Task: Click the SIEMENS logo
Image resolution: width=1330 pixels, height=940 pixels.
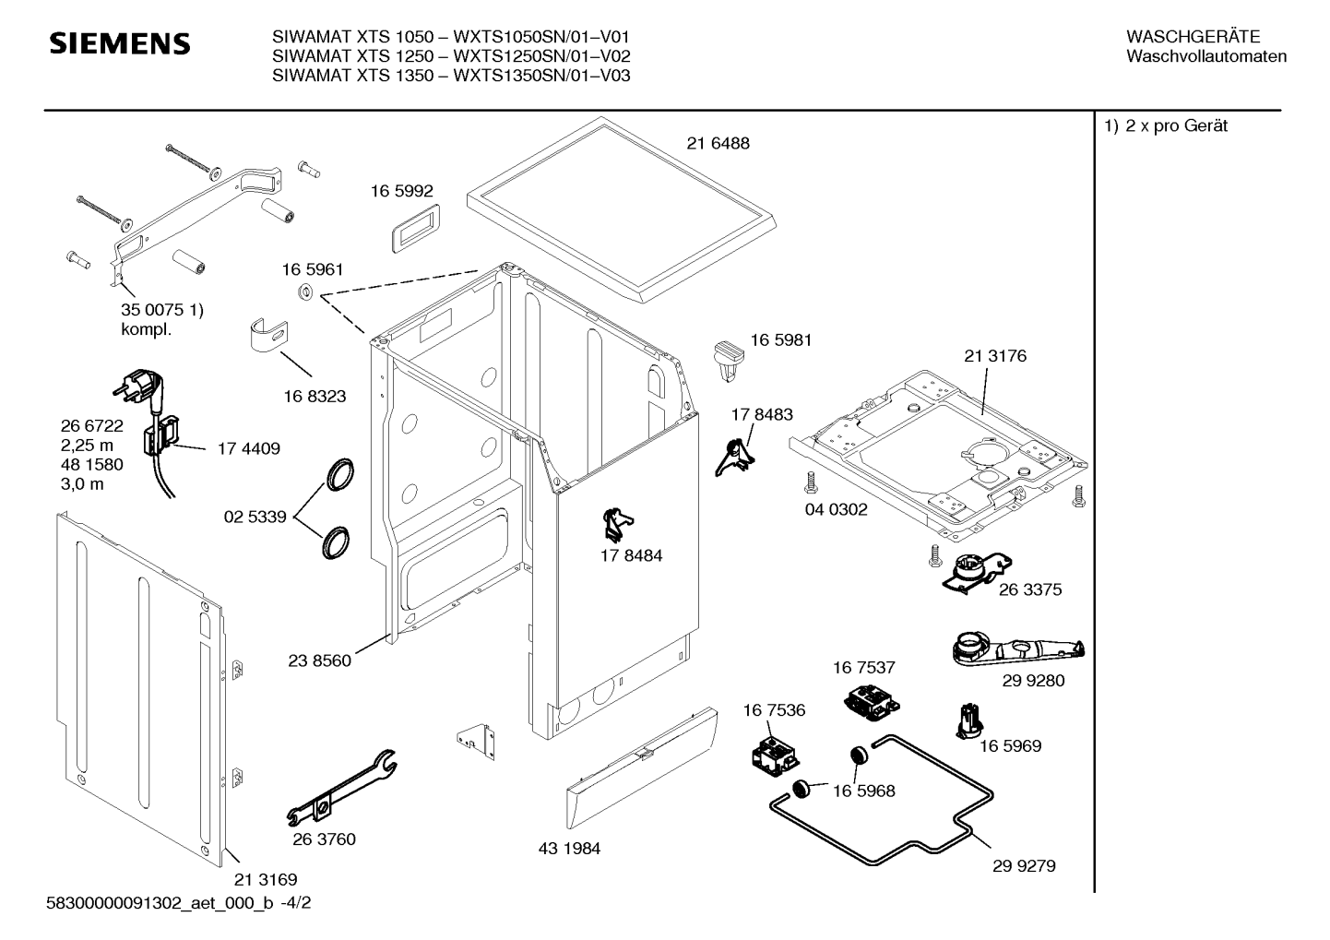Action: click(120, 44)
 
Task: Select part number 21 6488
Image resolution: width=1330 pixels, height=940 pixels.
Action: click(718, 143)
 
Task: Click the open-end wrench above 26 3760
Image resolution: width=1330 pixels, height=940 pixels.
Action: click(342, 788)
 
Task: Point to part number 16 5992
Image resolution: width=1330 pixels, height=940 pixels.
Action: click(402, 191)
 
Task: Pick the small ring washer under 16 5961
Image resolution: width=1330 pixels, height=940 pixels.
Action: click(305, 292)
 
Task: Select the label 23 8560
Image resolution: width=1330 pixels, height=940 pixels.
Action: click(319, 660)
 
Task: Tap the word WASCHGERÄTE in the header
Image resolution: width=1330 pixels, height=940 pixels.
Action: click(1193, 37)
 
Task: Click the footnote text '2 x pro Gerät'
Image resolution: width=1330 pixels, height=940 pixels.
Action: click(1176, 125)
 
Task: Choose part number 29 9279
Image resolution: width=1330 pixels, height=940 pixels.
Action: click(1024, 866)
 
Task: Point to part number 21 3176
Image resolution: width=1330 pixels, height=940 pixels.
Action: click(995, 356)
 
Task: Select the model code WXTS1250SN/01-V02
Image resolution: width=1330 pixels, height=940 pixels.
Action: click(541, 56)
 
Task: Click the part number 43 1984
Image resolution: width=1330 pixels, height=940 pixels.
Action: click(569, 849)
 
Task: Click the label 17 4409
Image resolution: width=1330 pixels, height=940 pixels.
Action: click(249, 448)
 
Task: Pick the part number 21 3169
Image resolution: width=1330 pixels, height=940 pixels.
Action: click(266, 879)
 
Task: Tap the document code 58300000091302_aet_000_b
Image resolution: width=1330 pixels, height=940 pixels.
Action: click(160, 903)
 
